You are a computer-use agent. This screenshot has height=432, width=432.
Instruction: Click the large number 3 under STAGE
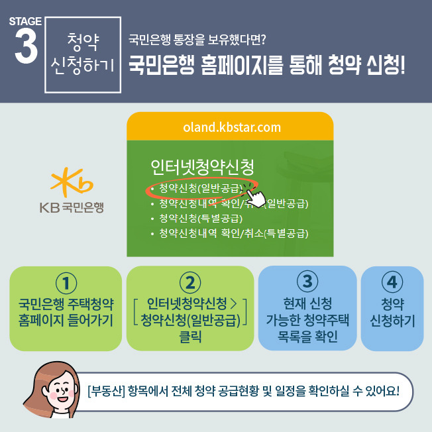tap(27, 46)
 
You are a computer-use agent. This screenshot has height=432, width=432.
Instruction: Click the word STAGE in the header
tap(25, 21)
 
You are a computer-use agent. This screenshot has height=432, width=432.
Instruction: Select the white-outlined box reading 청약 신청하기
tap(83, 55)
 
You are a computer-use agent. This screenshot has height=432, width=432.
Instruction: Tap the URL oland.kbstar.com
tap(232, 127)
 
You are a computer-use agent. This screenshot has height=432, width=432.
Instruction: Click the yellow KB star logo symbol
tap(72, 182)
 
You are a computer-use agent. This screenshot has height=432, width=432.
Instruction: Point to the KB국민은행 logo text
tap(72, 207)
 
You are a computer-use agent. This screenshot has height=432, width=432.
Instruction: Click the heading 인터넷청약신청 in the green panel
tap(202, 167)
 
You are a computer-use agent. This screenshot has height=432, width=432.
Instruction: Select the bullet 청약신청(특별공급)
tap(201, 219)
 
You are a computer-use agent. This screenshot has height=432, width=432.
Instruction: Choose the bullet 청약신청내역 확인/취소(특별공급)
tap(234, 233)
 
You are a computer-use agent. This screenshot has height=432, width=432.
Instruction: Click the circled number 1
tap(66, 283)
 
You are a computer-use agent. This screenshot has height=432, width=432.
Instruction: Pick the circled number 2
tap(190, 282)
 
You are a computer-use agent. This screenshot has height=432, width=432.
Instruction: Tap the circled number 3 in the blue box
tap(307, 282)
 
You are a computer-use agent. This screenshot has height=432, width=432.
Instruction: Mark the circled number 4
tap(392, 282)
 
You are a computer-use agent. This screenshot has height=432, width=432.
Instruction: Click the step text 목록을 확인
tap(307, 336)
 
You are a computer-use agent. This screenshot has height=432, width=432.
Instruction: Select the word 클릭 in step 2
tap(190, 337)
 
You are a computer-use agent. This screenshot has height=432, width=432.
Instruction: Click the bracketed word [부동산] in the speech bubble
tap(107, 391)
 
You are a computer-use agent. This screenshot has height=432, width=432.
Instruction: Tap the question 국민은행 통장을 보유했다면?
tap(197, 39)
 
